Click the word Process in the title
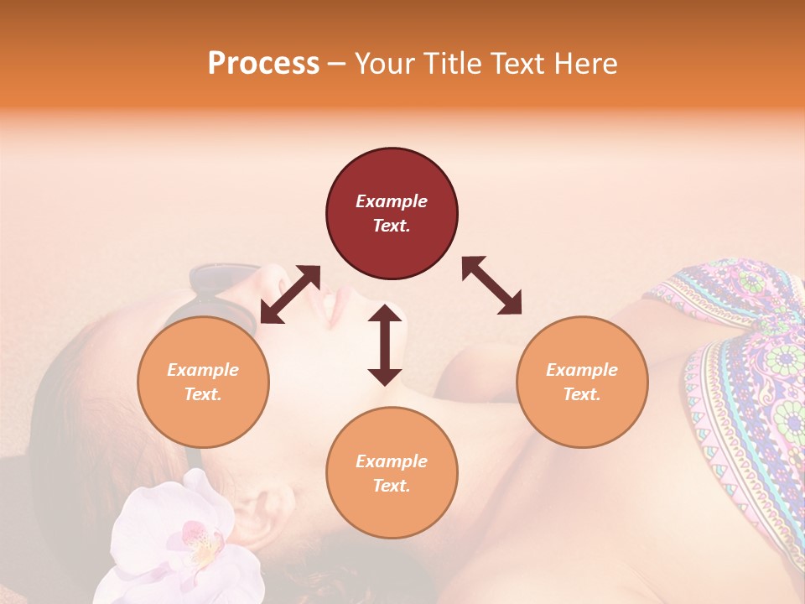click(263, 63)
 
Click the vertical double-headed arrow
click(385, 345)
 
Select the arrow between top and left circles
click(290, 294)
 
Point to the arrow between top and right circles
click(492, 285)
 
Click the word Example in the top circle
click(392, 201)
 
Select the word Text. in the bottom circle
click(392, 486)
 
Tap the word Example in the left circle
click(203, 370)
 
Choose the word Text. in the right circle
click(582, 394)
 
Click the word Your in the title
click(382, 63)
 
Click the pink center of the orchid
click(198, 537)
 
